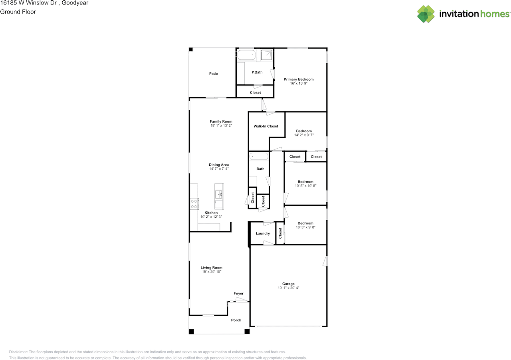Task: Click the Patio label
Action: (x=214, y=74)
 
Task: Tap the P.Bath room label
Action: (x=257, y=72)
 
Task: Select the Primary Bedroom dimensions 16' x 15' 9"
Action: (x=299, y=84)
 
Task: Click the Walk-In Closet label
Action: (x=266, y=126)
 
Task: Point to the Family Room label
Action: (x=221, y=121)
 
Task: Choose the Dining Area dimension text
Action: (x=219, y=169)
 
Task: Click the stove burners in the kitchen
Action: (x=194, y=204)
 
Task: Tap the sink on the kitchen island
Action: (x=219, y=194)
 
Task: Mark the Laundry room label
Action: (x=263, y=233)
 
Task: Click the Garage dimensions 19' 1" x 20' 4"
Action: (x=288, y=288)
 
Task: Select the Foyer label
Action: (x=238, y=293)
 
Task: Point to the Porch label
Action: (x=236, y=320)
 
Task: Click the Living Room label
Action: (x=212, y=268)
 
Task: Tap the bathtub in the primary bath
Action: (x=246, y=55)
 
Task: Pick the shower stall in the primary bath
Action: (x=266, y=55)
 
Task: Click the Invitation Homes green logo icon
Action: (x=426, y=14)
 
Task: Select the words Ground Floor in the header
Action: (x=18, y=12)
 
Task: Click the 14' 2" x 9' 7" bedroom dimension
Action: (x=304, y=135)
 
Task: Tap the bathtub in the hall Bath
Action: (x=259, y=156)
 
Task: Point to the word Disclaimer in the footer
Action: (x=18, y=352)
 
